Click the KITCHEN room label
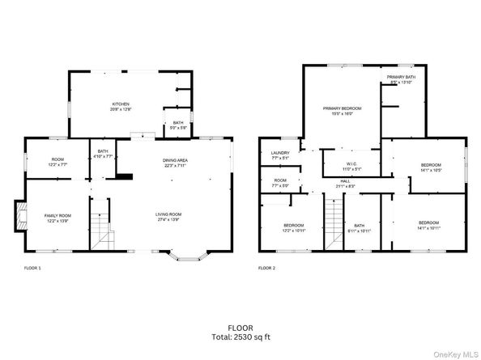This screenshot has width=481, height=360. [x=121, y=104]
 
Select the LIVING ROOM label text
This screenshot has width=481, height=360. [x=169, y=214]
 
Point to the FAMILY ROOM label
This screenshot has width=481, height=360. [x=57, y=216]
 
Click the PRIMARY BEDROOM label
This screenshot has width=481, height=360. [x=342, y=109]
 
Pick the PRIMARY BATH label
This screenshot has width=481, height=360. [x=401, y=78]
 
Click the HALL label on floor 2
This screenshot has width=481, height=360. [x=344, y=182]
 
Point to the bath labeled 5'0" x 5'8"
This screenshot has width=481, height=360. [x=177, y=124]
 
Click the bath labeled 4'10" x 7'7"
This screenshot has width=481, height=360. [x=103, y=152]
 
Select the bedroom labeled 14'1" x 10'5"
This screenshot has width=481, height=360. [x=430, y=167]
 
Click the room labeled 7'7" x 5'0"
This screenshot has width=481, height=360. [x=280, y=182]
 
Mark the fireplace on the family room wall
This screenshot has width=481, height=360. [x=20, y=216]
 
